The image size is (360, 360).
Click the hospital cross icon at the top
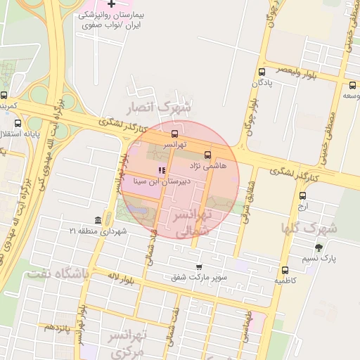[x=110, y=5]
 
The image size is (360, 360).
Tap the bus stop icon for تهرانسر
[x=174, y=134]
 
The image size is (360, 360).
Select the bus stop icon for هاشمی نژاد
[x=207, y=155]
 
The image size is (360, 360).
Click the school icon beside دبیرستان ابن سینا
[x=162, y=170]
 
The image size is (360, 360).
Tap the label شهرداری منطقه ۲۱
[x=98, y=231]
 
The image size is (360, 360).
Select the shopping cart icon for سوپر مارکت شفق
[x=199, y=266]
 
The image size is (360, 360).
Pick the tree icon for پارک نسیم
[x=319, y=247]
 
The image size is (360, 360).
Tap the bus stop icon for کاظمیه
[x=285, y=270]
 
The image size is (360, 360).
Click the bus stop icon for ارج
[x=302, y=196]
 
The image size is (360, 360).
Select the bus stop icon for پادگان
[x=262, y=72]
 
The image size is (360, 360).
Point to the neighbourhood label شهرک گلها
[x=309, y=228]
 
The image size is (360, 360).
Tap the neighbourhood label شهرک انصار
[x=158, y=108]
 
